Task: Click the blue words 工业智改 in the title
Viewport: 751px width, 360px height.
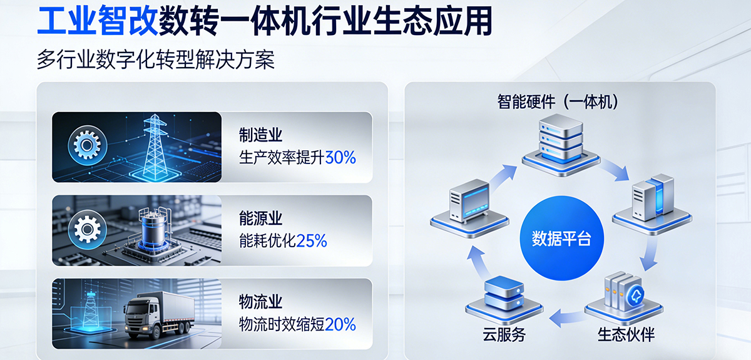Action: (x=97, y=21)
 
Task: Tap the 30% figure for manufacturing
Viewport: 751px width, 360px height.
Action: (x=340, y=157)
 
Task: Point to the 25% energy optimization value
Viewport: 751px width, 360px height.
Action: (x=312, y=240)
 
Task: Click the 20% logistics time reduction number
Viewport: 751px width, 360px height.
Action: (x=340, y=324)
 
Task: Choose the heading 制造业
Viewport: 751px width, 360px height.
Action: (x=260, y=135)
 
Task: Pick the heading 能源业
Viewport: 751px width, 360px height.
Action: (x=260, y=219)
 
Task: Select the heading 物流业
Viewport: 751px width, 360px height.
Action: (x=260, y=302)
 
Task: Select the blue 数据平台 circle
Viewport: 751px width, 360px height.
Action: (x=561, y=239)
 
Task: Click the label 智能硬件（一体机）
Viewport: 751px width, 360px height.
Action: (x=559, y=101)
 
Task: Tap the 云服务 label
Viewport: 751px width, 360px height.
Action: (x=504, y=335)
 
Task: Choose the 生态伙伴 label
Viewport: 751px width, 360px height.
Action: (x=626, y=335)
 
